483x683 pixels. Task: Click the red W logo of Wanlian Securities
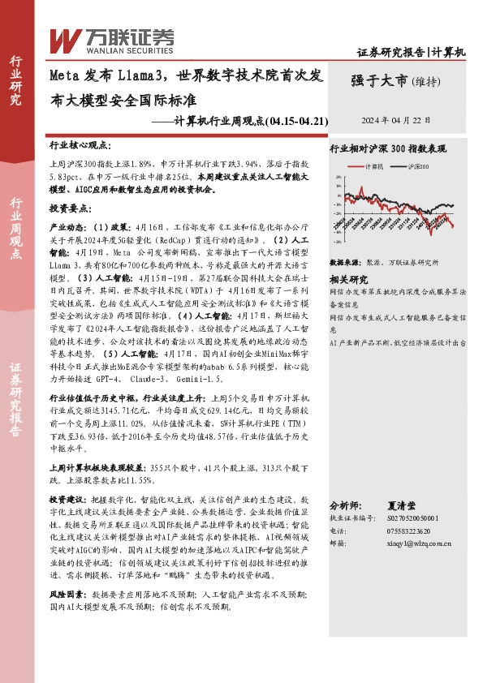(64, 38)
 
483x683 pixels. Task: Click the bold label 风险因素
(67, 594)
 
